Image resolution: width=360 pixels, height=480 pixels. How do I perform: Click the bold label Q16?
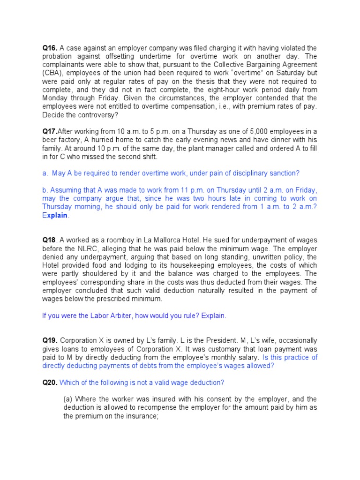tap(50, 48)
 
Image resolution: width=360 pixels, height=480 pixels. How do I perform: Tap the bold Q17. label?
tap(49, 131)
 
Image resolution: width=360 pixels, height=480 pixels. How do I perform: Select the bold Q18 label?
tap(49, 240)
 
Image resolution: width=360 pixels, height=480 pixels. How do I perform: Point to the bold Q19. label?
tap(50, 340)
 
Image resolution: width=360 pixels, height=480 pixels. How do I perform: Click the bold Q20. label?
tap(50, 382)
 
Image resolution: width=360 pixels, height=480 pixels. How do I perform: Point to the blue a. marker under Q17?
tap(45, 173)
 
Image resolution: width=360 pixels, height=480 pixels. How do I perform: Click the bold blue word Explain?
tap(55, 216)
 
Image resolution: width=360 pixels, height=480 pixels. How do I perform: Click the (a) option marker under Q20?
tap(68, 399)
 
